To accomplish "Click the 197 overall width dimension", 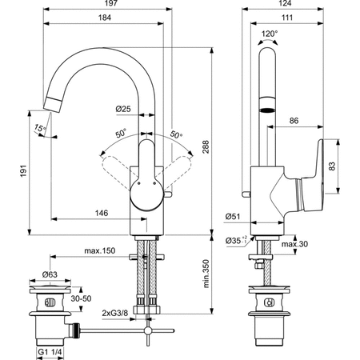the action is coord(110,3).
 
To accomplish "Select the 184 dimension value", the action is coord(105,18).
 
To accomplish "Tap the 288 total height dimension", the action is coord(206,147).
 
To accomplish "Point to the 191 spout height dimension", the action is coord(23,171).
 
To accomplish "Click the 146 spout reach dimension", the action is coord(102,213).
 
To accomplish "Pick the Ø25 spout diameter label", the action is coord(123,109).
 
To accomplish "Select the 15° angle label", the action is coord(40,128).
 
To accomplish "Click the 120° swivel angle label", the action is coord(270,34).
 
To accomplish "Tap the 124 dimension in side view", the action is coord(285,3).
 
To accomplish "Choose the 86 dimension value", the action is coord(294,121).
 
